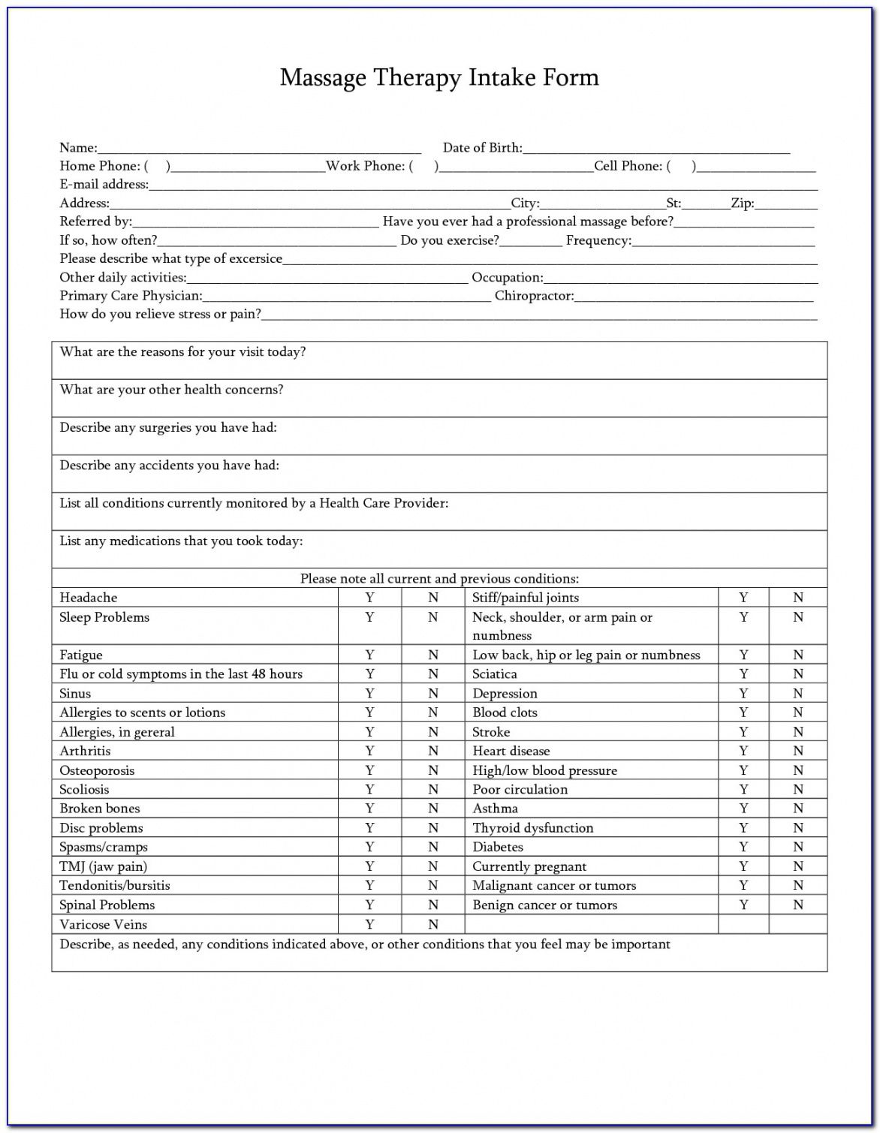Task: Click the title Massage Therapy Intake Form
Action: click(439, 78)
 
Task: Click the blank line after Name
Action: click(259, 149)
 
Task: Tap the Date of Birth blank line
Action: click(656, 149)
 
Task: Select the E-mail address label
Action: click(104, 185)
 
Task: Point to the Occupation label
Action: click(507, 278)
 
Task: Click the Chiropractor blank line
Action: click(694, 297)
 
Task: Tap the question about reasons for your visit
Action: click(182, 352)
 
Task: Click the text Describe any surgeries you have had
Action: click(168, 428)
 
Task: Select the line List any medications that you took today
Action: click(181, 541)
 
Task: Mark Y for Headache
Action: click(369, 598)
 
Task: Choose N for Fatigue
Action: click(433, 655)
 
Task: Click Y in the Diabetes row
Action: click(743, 848)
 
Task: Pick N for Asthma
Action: click(798, 809)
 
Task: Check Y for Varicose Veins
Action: click(369, 925)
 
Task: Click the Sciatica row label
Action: click(495, 675)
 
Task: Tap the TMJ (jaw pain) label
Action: click(104, 867)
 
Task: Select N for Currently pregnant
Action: click(798, 867)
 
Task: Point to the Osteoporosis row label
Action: click(98, 771)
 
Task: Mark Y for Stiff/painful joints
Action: click(743, 598)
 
